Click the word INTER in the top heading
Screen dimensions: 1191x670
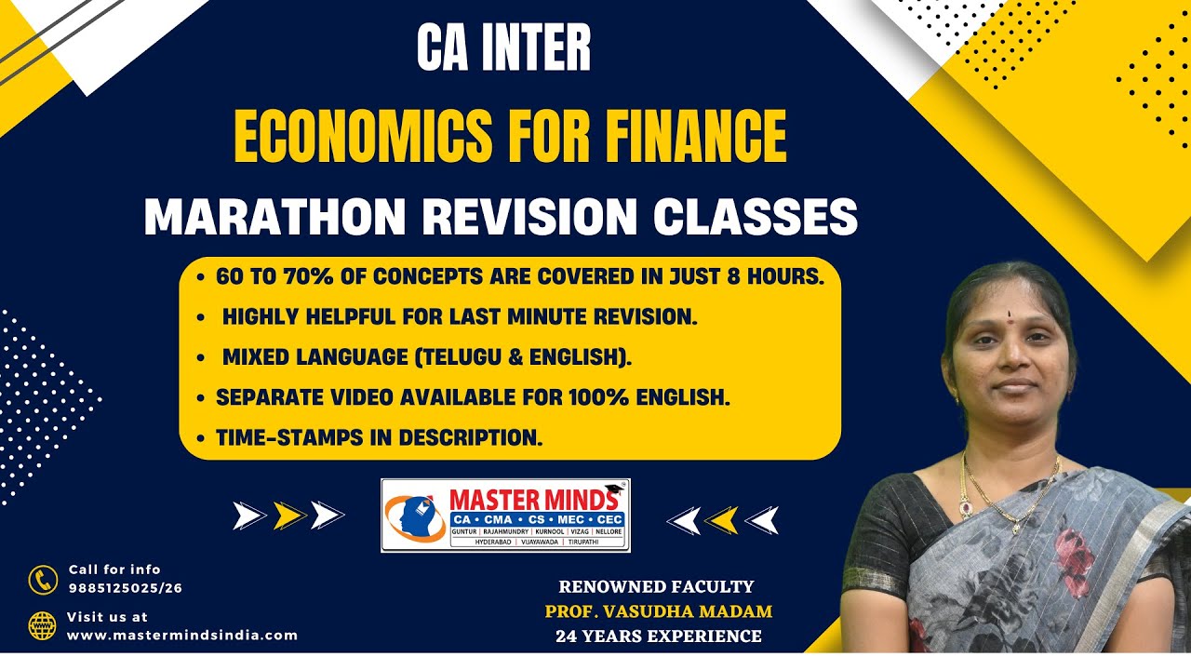pyautogui.click(x=538, y=47)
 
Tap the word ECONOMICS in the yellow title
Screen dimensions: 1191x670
pyautogui.click(x=364, y=136)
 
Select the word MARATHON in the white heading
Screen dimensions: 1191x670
pyautogui.click(x=274, y=217)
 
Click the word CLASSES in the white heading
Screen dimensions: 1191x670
pyautogui.click(x=756, y=217)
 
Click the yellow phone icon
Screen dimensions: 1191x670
pyautogui.click(x=43, y=580)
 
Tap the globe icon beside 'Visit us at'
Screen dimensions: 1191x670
pyautogui.click(x=43, y=626)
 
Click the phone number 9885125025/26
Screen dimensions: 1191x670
pyautogui.click(x=126, y=588)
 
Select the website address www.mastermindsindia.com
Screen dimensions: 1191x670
pyautogui.click(x=181, y=636)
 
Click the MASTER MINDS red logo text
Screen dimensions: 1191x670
pyautogui.click(x=534, y=500)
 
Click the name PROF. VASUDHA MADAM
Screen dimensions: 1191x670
pyautogui.click(x=659, y=611)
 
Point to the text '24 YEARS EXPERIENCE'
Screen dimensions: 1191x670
pyautogui.click(x=659, y=636)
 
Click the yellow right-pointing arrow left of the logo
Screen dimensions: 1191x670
pyautogui.click(x=289, y=516)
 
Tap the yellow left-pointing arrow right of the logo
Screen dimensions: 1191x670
pyautogui.click(x=721, y=520)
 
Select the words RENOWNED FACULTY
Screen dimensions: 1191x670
pyautogui.click(x=657, y=586)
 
